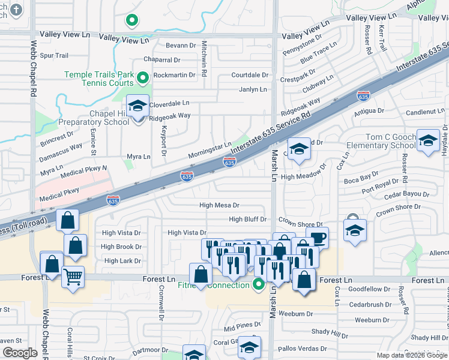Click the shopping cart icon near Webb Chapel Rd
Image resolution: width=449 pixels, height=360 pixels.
click(73, 277)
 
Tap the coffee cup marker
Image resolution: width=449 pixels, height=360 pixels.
click(317, 238)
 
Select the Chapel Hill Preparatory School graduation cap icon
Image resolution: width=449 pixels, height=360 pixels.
click(137, 107)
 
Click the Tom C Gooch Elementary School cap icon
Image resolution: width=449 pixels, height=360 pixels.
click(428, 140)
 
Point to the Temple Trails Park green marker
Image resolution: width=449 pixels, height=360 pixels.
click(143, 77)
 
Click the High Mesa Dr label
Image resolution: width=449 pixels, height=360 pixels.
click(219, 205)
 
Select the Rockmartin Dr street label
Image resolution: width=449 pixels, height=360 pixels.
click(175, 76)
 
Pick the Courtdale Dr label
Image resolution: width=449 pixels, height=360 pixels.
click(250, 75)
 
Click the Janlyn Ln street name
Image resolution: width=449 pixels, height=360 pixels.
click(253, 89)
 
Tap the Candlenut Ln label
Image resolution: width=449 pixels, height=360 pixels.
click(426, 112)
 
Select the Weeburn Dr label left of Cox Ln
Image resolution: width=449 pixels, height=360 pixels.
click(292, 314)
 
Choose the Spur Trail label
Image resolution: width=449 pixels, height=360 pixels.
click(54, 55)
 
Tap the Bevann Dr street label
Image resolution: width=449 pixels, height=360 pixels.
click(181, 46)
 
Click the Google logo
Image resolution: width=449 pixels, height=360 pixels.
click(20, 353)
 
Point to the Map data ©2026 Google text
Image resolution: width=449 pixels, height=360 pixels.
click(411, 355)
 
